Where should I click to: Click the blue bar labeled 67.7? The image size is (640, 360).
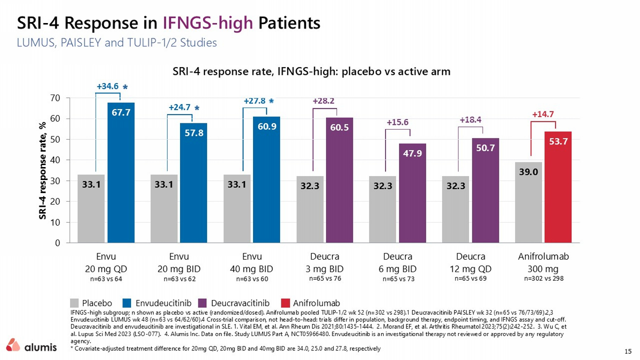tap(121, 173)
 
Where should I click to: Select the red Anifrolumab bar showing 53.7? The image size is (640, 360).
tap(558, 187)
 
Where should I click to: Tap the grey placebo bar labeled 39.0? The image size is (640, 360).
tap(529, 203)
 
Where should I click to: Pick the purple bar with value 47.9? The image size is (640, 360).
tap(412, 193)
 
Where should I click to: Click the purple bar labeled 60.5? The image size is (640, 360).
tap(339, 180)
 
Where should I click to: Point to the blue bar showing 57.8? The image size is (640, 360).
tap(193, 183)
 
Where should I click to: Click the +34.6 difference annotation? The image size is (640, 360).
tap(108, 86)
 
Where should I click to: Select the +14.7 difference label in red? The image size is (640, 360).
tap(543, 114)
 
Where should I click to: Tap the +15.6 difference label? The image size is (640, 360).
tap(398, 122)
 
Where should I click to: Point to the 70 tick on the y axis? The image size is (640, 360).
tap(55, 98)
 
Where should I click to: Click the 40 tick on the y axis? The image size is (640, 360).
tap(55, 160)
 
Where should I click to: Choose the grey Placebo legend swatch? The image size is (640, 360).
tap(74, 303)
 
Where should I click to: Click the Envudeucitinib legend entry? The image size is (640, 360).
tap(157, 303)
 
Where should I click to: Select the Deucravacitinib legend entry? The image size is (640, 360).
tap(234, 303)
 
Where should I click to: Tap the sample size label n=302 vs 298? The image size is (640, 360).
tap(543, 278)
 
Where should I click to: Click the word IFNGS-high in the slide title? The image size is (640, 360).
tap(208, 23)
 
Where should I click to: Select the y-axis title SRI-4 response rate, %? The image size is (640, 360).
tap(42, 170)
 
